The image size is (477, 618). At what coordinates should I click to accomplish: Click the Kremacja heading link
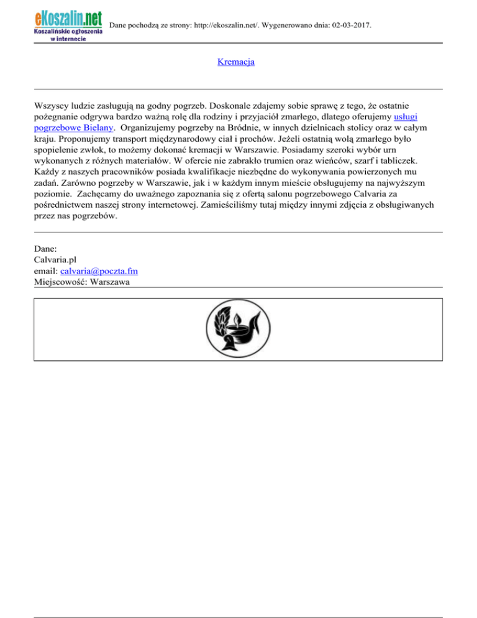click(x=236, y=62)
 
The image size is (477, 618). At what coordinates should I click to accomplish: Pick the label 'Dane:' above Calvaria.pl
click(x=46, y=248)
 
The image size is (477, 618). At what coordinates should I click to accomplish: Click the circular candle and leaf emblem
click(x=238, y=329)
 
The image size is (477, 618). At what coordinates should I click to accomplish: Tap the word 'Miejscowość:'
click(x=60, y=282)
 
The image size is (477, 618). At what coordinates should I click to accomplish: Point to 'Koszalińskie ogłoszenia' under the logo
click(x=65, y=31)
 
